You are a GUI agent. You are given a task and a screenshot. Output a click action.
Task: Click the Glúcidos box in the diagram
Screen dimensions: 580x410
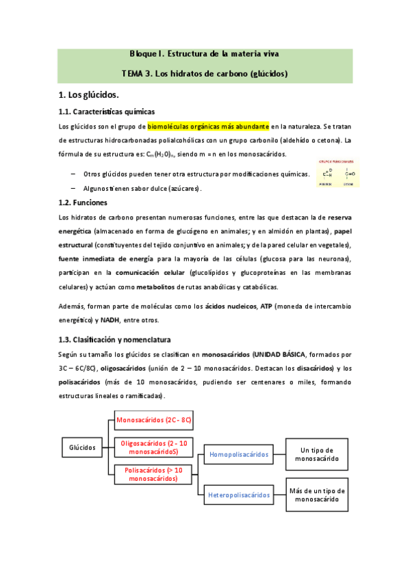click(x=82, y=447)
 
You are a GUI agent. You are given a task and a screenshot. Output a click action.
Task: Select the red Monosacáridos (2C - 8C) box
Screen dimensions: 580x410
click(x=153, y=419)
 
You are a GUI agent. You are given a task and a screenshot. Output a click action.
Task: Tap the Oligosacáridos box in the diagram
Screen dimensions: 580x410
click(x=153, y=447)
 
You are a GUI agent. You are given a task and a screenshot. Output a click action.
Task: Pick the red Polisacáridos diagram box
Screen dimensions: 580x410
click(x=153, y=474)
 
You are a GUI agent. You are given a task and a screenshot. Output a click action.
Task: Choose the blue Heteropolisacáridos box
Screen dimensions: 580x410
click(x=238, y=495)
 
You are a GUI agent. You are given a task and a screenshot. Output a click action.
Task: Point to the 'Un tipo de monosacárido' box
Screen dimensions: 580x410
click(x=316, y=454)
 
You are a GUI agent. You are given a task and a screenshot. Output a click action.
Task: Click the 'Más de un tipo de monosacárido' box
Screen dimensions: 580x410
click(x=316, y=495)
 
